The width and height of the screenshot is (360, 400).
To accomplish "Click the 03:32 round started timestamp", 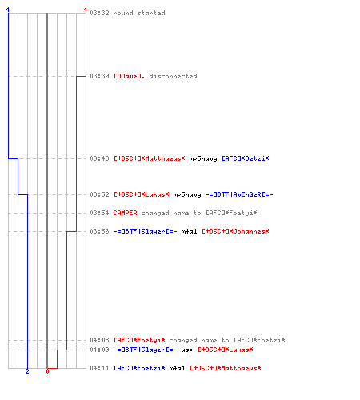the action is (99, 13).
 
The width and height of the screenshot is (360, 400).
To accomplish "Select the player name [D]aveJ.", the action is (130, 76).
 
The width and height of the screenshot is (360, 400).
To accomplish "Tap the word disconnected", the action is (173, 76).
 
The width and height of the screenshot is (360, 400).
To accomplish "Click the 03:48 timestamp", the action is (99, 158).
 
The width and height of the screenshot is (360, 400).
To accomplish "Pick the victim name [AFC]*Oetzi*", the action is (246, 158).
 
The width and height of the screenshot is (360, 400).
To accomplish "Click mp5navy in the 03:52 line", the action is (187, 195).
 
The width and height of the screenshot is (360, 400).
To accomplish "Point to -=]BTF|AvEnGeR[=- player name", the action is (239, 194).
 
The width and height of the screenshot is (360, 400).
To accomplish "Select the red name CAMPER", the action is (125, 213).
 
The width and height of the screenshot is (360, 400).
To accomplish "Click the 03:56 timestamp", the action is (99, 231).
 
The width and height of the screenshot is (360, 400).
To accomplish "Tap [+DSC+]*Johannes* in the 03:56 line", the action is (235, 231).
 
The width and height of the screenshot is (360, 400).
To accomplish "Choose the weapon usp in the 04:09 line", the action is (187, 350).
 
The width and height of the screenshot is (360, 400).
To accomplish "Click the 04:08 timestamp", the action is (99, 340).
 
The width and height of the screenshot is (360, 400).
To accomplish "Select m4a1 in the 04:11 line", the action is (177, 368).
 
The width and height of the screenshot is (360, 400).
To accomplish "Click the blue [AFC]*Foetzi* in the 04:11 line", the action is (139, 368).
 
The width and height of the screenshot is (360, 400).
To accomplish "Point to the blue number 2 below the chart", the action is (27, 371).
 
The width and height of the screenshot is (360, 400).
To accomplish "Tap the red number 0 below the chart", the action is (47, 371).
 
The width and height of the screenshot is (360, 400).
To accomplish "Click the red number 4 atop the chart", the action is (86, 10).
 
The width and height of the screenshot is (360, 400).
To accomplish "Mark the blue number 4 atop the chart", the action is (8, 10).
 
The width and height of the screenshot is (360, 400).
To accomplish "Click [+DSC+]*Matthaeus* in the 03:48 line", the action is (150, 158).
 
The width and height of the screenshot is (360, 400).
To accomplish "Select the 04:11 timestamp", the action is (99, 368).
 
